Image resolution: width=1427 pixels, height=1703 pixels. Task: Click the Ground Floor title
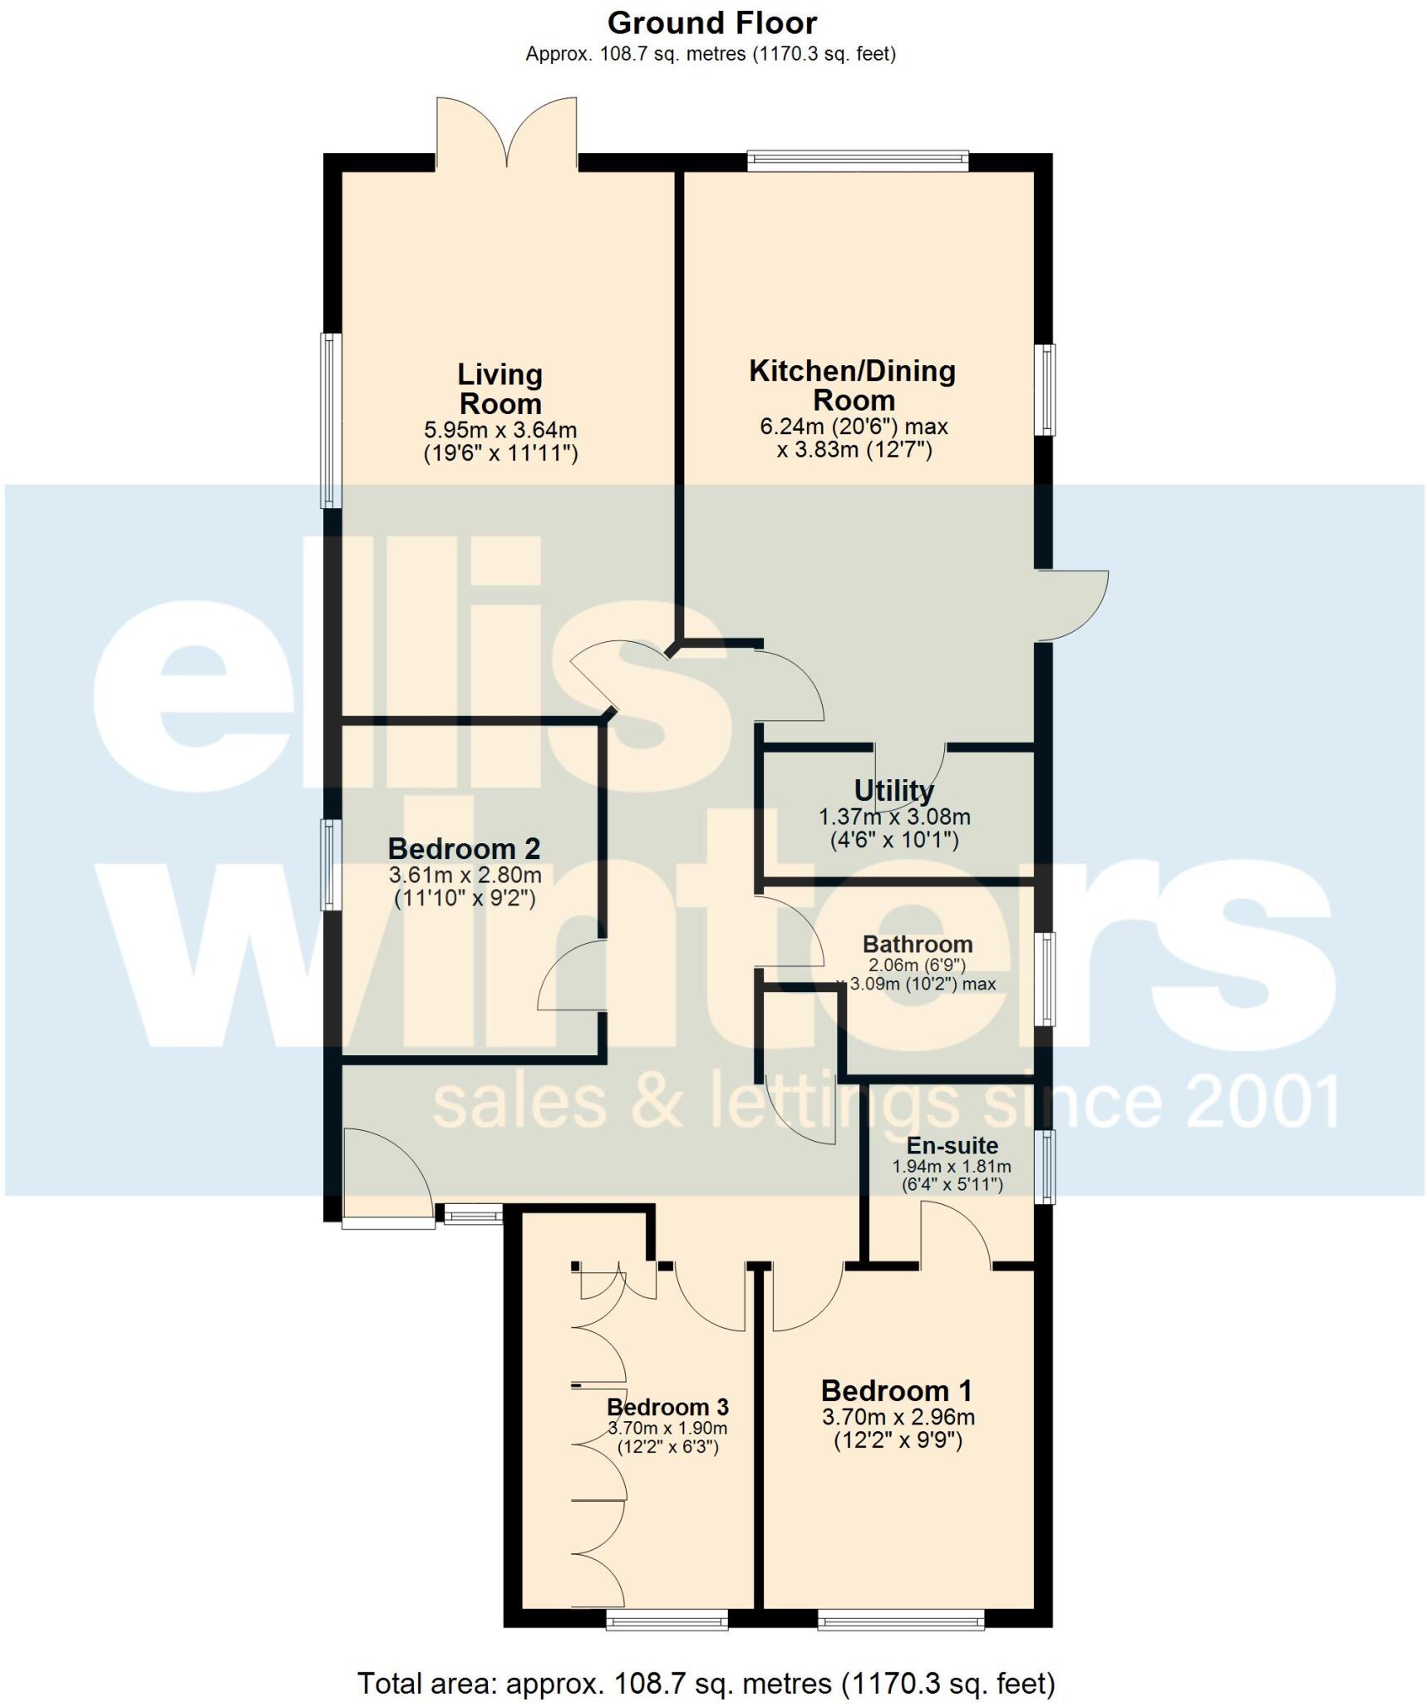click(711, 23)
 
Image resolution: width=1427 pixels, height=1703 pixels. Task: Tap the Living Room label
click(499, 389)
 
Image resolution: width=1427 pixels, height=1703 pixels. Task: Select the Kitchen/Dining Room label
click(853, 385)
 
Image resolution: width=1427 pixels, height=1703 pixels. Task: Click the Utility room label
click(893, 789)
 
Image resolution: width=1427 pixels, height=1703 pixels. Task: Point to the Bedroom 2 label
click(464, 848)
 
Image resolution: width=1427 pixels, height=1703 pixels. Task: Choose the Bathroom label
click(918, 944)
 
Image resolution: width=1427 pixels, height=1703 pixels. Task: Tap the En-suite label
click(952, 1145)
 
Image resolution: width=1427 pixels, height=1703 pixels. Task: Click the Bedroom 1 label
click(896, 1390)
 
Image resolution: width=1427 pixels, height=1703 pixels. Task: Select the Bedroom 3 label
click(667, 1407)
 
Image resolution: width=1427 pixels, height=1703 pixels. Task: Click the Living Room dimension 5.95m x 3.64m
click(500, 431)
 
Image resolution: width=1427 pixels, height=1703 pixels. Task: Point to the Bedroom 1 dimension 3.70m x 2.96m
click(898, 1417)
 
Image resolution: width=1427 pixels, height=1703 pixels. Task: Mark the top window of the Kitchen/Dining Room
click(858, 160)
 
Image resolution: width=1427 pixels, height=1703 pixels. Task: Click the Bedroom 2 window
click(332, 865)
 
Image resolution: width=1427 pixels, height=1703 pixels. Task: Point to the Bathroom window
click(1045, 979)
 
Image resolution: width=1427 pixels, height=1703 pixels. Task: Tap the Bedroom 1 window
click(900, 1618)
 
